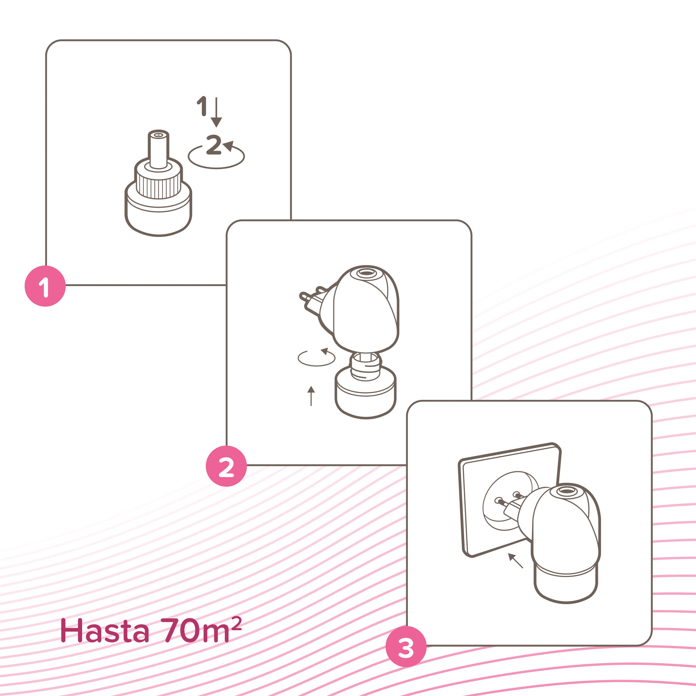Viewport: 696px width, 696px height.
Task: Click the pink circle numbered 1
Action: [45, 286]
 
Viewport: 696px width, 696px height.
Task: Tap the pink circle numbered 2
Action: [226, 467]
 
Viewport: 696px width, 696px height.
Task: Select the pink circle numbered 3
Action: [406, 647]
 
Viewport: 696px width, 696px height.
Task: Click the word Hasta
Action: [104, 631]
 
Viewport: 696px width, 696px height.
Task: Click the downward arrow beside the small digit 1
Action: [216, 112]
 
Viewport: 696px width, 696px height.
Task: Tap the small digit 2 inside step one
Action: [214, 144]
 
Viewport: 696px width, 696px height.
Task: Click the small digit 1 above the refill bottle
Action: [202, 106]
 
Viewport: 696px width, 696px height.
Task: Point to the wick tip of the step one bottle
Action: [158, 135]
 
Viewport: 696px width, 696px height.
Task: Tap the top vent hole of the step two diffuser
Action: [366, 272]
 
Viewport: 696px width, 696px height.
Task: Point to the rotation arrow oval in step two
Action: [316, 358]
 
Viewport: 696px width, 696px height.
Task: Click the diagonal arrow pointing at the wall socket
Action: [515, 561]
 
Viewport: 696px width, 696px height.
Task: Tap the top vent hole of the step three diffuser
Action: [567, 491]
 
